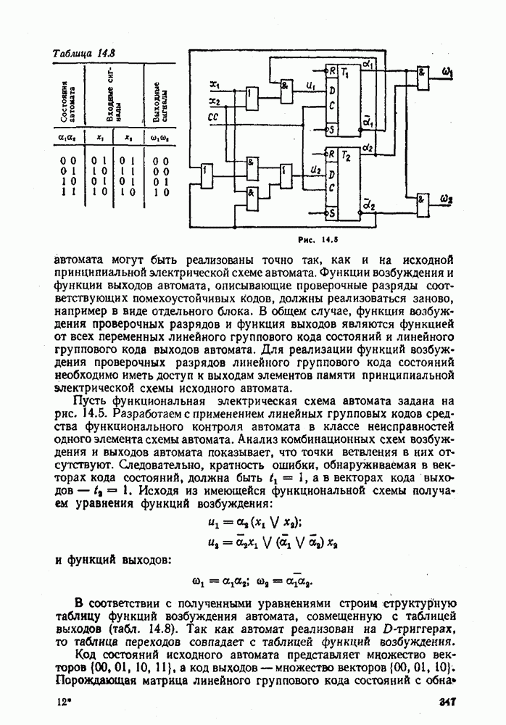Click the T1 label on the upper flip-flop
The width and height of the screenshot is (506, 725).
(x=346, y=73)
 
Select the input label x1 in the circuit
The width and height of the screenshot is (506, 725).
(x=215, y=83)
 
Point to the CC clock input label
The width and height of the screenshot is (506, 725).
(x=213, y=115)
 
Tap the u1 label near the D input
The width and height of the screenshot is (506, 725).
(x=312, y=86)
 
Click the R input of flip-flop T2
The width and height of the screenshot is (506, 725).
(x=331, y=154)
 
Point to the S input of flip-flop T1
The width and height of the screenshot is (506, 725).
(x=331, y=130)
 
